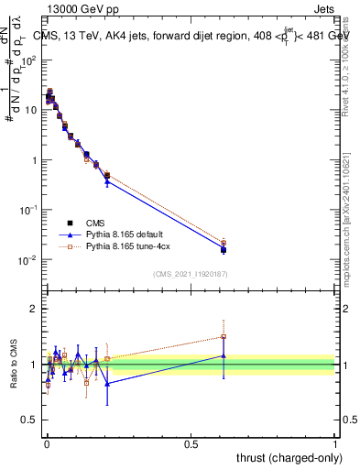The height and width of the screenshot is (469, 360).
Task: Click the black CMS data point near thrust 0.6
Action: [224, 249]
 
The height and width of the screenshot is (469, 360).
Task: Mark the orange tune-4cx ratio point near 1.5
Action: [224, 336]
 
